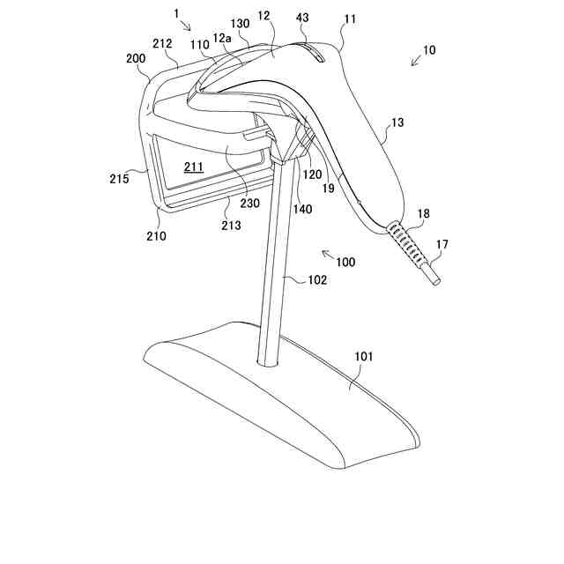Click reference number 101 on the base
coord(363,357)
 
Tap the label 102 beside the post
coord(317,280)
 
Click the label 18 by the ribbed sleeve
coord(424,214)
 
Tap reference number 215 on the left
coord(120,178)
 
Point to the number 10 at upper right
coord(428,50)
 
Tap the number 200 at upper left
coord(136,57)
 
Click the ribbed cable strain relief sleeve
coord(406,244)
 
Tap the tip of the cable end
coord(434,281)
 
